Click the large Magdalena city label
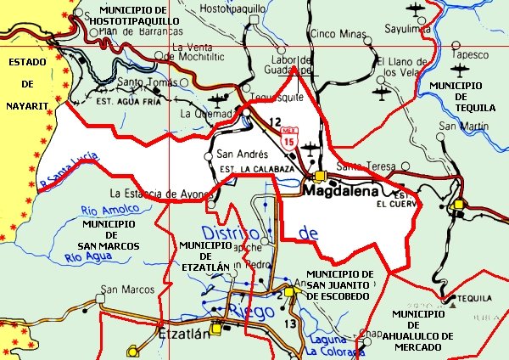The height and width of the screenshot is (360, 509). tap(344, 193)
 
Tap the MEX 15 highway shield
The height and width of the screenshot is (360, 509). tap(289, 135)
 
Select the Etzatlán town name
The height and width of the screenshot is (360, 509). tap(184, 334)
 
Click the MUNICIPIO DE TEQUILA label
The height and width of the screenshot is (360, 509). tap(456, 96)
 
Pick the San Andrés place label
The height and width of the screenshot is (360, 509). tap(243, 155)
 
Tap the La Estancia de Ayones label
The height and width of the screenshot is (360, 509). tap(159, 192)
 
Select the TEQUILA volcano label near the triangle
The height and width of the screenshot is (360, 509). tap(474, 299)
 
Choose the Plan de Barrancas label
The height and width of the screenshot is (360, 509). tap(129, 31)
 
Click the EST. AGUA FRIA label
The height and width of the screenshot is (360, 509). tap(128, 100)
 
